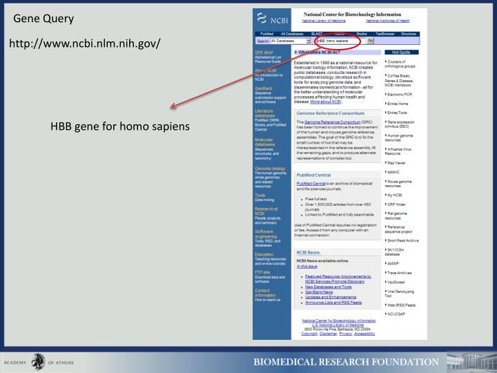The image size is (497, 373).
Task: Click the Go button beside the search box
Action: [371, 41]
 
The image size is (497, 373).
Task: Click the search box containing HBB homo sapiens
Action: [338, 41]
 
